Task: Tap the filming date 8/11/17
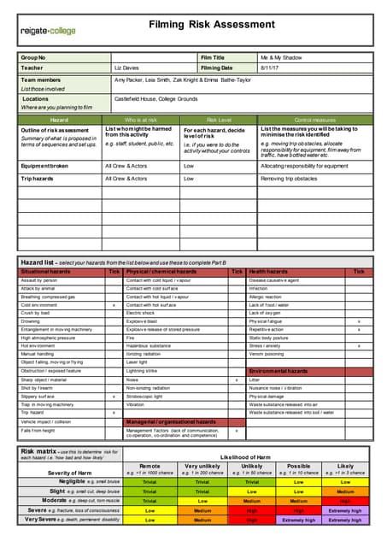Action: [x=271, y=67]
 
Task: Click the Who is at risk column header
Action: [x=141, y=120]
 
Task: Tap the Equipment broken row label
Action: [x=45, y=166]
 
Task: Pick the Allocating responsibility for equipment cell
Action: [x=304, y=166]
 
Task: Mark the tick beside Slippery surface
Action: [x=114, y=397]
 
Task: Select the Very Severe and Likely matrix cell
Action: [x=345, y=519]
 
